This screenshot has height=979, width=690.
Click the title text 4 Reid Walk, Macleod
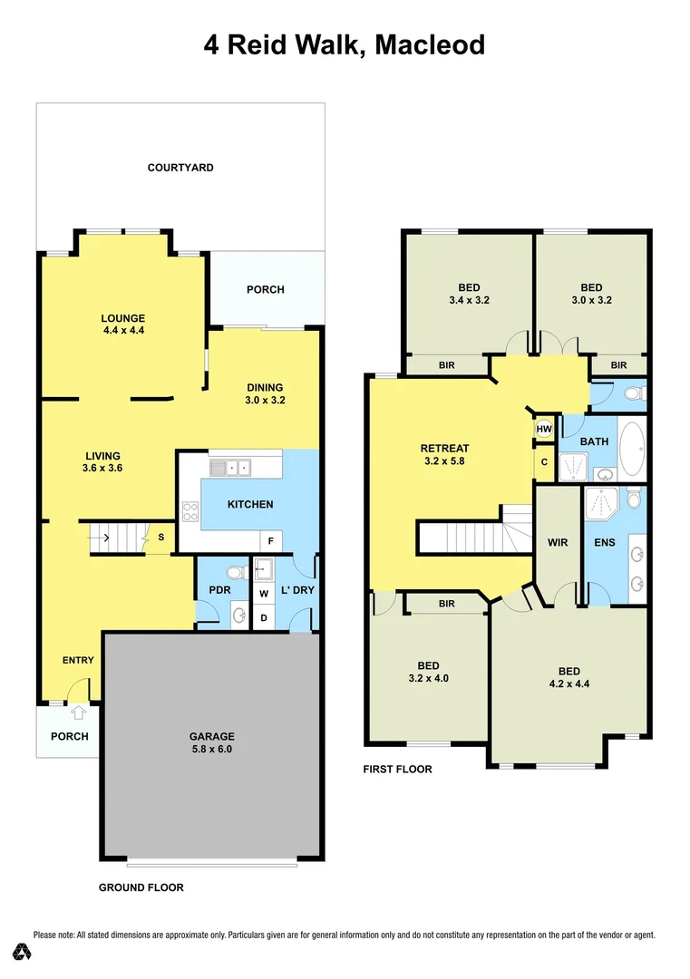click(345, 44)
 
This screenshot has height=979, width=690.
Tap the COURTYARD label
click(180, 168)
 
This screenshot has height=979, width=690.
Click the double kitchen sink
click(230, 468)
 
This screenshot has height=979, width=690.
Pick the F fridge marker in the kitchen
click(269, 541)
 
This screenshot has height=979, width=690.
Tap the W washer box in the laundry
click(264, 595)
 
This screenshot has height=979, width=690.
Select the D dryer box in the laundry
click(264, 618)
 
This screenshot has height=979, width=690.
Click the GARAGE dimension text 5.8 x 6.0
click(211, 750)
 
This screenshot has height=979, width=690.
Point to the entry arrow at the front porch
click(78, 713)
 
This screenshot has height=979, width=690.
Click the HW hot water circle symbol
click(544, 430)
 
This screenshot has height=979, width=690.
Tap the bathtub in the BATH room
click(632, 450)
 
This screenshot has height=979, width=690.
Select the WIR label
click(558, 543)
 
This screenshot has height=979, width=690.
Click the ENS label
click(605, 543)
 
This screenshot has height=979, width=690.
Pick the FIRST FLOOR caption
click(397, 770)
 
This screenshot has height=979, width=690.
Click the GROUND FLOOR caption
click(141, 887)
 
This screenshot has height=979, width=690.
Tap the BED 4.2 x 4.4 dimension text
click(569, 684)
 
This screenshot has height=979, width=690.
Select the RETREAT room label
click(444, 448)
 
